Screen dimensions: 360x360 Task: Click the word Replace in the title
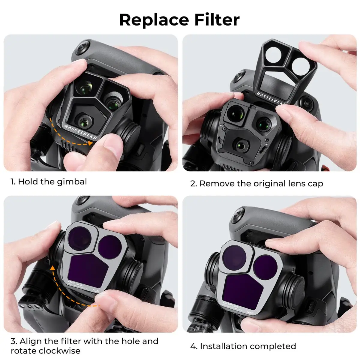154,20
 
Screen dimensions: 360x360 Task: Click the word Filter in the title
217,20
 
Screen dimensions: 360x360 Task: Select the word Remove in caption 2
217,184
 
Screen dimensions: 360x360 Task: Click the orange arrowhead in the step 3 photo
52,268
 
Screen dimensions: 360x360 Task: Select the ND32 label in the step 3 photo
96,290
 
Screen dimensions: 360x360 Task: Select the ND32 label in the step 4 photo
250,312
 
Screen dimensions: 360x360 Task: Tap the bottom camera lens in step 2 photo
241,145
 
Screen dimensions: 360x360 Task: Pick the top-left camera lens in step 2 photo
235,113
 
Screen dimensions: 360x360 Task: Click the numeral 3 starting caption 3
13,341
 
